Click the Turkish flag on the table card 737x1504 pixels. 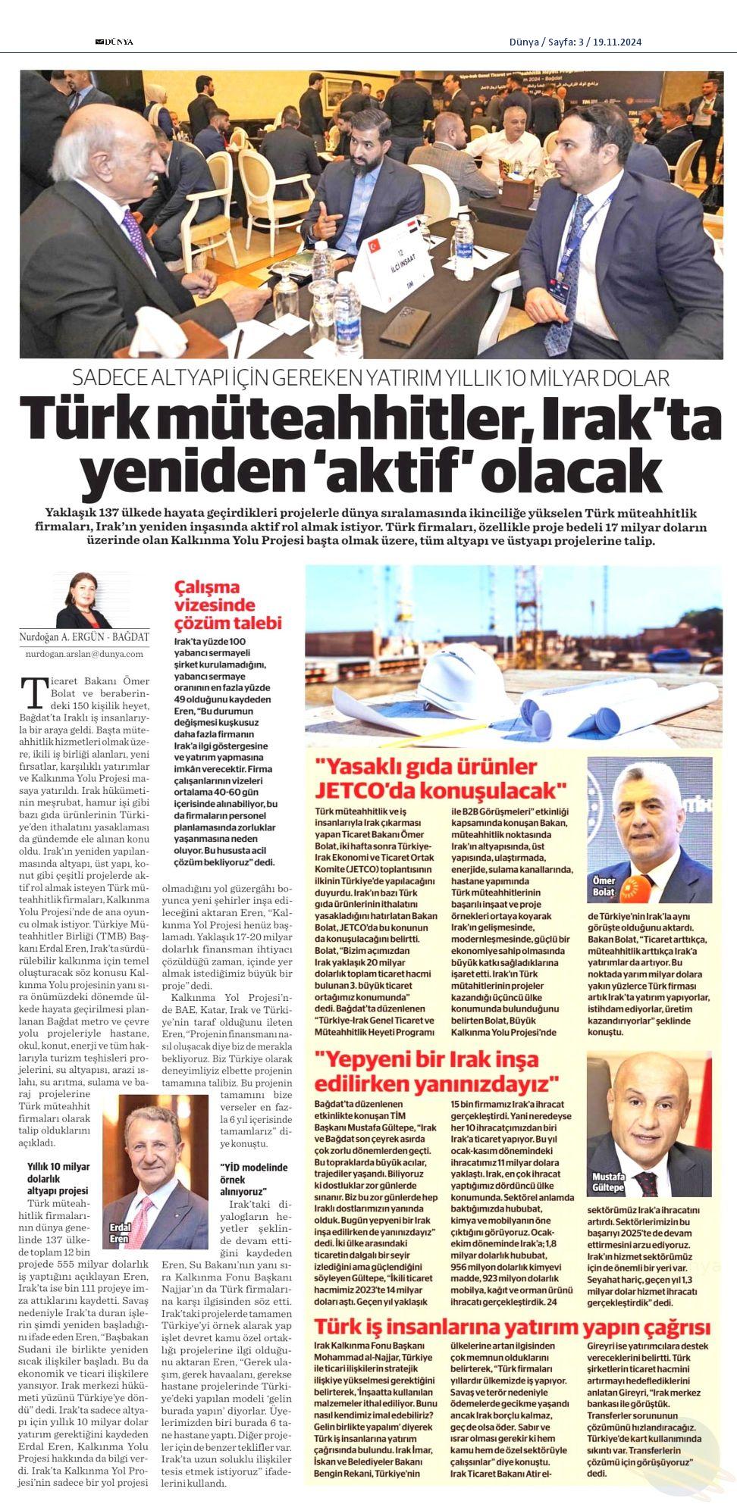[x=373, y=246]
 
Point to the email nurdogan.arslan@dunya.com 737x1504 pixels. [x=84, y=652]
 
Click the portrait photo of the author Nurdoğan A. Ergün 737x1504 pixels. [x=83, y=599]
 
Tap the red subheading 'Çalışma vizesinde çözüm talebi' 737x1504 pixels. [x=228, y=605]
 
